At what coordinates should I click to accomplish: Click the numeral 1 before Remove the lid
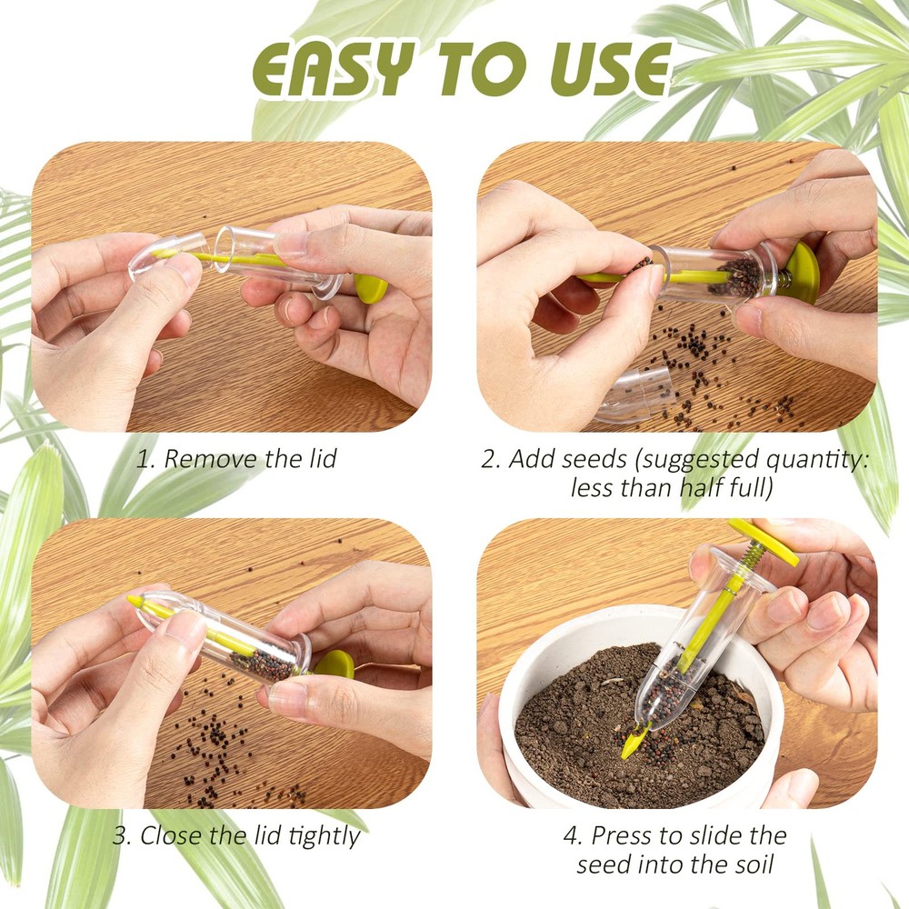142,458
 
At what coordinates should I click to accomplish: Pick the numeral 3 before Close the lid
120,835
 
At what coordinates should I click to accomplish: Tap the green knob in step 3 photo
335,664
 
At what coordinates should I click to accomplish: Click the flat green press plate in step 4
762,542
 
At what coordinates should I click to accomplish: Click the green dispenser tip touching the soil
633,744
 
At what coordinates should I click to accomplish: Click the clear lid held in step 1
165,255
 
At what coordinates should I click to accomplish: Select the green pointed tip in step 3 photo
135,602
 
